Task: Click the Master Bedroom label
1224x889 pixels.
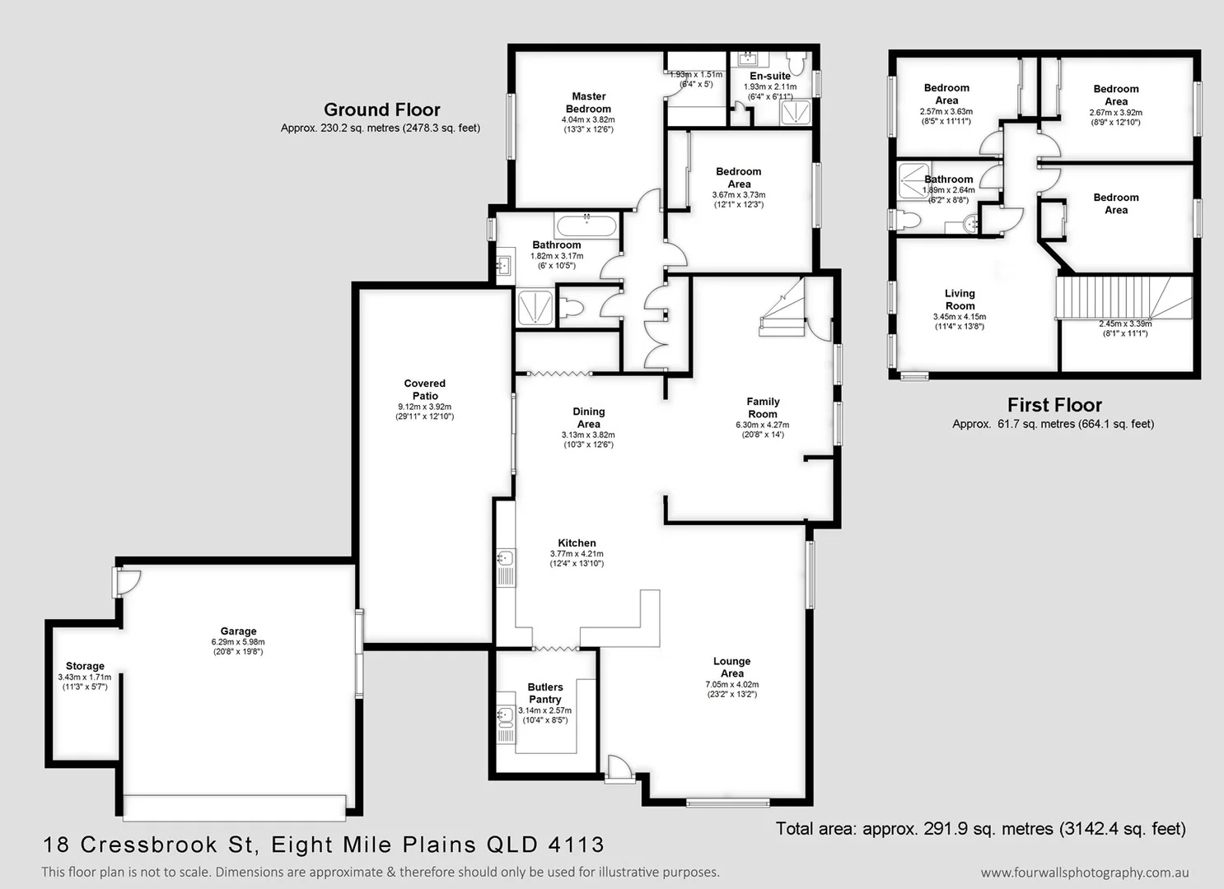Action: coord(588,103)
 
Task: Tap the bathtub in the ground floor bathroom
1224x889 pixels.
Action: coord(586,225)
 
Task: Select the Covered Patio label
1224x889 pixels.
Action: coord(425,389)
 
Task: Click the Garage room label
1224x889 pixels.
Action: coord(238,631)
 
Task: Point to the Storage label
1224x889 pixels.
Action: coord(85,666)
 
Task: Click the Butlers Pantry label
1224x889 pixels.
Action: coord(545,693)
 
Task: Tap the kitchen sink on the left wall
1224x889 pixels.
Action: coord(505,559)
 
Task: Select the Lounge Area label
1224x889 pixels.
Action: coord(731,667)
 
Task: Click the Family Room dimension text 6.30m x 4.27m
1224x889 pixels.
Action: coord(762,426)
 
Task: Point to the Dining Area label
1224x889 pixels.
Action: coord(588,417)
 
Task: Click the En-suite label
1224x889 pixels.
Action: coord(769,76)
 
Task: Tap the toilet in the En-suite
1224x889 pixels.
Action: coord(796,63)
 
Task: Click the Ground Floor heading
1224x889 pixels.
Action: coord(381,109)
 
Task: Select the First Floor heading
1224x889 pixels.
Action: coord(1053,405)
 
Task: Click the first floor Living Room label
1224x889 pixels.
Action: coord(960,300)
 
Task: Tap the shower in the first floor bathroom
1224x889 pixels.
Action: coord(913,181)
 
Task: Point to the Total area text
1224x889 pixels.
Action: coord(980,829)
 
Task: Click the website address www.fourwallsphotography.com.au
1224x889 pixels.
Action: coord(1084,873)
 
